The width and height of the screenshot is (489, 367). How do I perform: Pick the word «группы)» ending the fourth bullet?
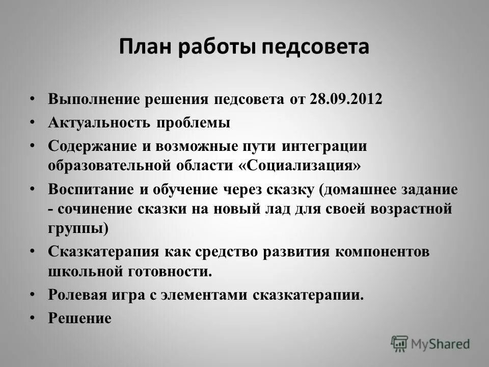[x=78, y=228]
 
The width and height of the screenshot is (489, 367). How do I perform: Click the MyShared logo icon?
[x=400, y=344]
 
